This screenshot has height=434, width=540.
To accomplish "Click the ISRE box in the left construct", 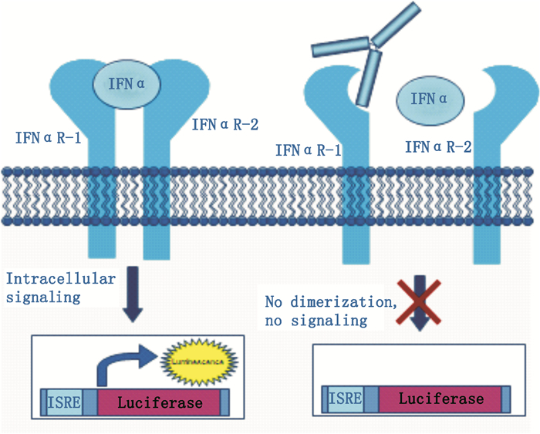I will click(64, 402).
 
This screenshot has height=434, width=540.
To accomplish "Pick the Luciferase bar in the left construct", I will click(160, 402).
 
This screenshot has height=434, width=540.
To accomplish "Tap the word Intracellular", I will click(48, 278).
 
